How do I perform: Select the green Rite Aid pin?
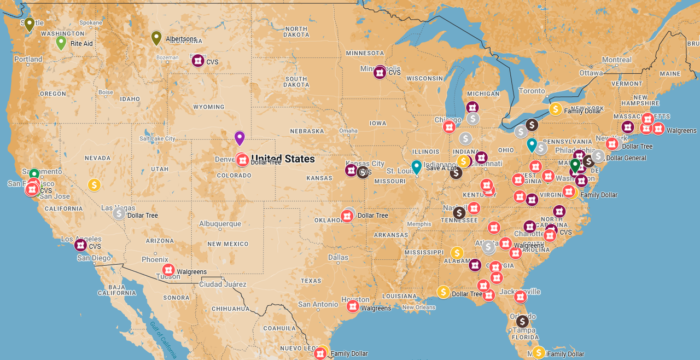61,42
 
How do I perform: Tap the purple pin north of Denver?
240,137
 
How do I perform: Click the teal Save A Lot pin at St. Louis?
417,166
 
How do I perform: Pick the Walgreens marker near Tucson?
168,270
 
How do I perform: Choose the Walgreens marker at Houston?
353,306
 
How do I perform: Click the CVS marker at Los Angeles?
80,245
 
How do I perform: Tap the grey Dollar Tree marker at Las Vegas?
119,213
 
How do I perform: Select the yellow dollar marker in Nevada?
94,185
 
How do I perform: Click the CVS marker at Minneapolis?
380,72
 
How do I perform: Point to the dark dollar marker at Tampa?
522,321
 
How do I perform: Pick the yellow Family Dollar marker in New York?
556,109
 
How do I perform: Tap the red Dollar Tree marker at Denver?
242,160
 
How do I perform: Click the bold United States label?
283,159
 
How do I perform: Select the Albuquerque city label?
220,224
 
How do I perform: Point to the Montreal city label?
616,60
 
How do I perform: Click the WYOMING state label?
208,107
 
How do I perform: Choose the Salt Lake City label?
157,138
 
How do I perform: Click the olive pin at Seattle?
30,24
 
